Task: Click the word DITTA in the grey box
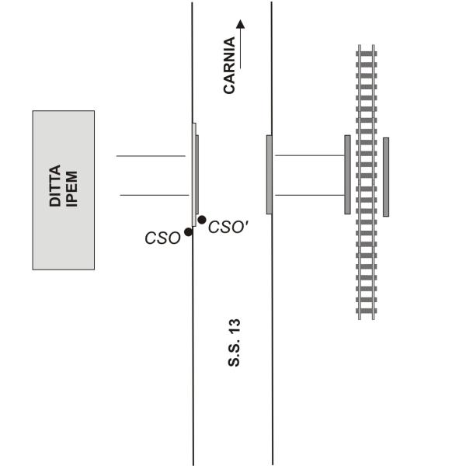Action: coord(55,186)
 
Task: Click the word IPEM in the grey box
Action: coord(71,189)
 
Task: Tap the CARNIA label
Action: coord(229,65)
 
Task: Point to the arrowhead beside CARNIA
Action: coord(241,24)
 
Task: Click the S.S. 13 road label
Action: coord(234,343)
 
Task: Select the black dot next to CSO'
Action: coord(202,220)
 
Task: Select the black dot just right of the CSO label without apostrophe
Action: coord(188,231)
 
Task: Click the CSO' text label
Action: coord(228,228)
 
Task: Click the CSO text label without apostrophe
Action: coord(162,238)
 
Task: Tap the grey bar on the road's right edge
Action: coord(270,175)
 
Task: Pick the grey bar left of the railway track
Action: coord(347,175)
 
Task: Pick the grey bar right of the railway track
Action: coord(386,177)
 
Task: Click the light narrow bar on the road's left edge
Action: coord(194,175)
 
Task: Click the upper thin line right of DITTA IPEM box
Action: coord(151,156)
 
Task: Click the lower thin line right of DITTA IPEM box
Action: coord(155,195)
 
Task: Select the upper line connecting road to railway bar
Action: coord(310,155)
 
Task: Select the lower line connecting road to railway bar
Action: coord(310,195)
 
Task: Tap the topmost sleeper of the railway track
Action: coord(367,54)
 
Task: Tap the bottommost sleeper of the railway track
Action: coord(367,311)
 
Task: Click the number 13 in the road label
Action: coord(234,327)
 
